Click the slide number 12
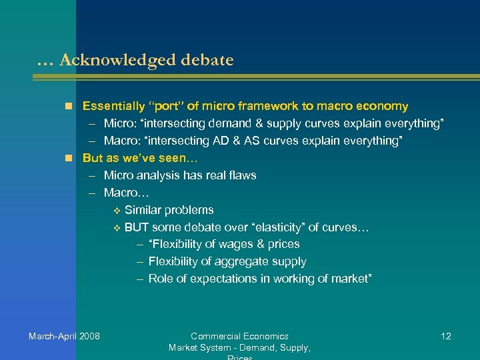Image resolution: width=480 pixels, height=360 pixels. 446,336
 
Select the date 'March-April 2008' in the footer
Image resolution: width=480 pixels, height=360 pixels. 64,336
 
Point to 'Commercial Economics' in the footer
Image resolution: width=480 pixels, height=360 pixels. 239,336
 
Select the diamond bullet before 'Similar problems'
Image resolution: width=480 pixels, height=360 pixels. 117,211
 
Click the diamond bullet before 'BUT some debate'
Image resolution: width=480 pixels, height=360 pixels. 117,228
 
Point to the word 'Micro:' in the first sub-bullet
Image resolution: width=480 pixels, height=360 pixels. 119,123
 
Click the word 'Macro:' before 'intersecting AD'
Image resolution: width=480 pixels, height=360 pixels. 121,141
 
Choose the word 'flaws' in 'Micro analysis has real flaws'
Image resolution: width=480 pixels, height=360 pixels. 242,175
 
